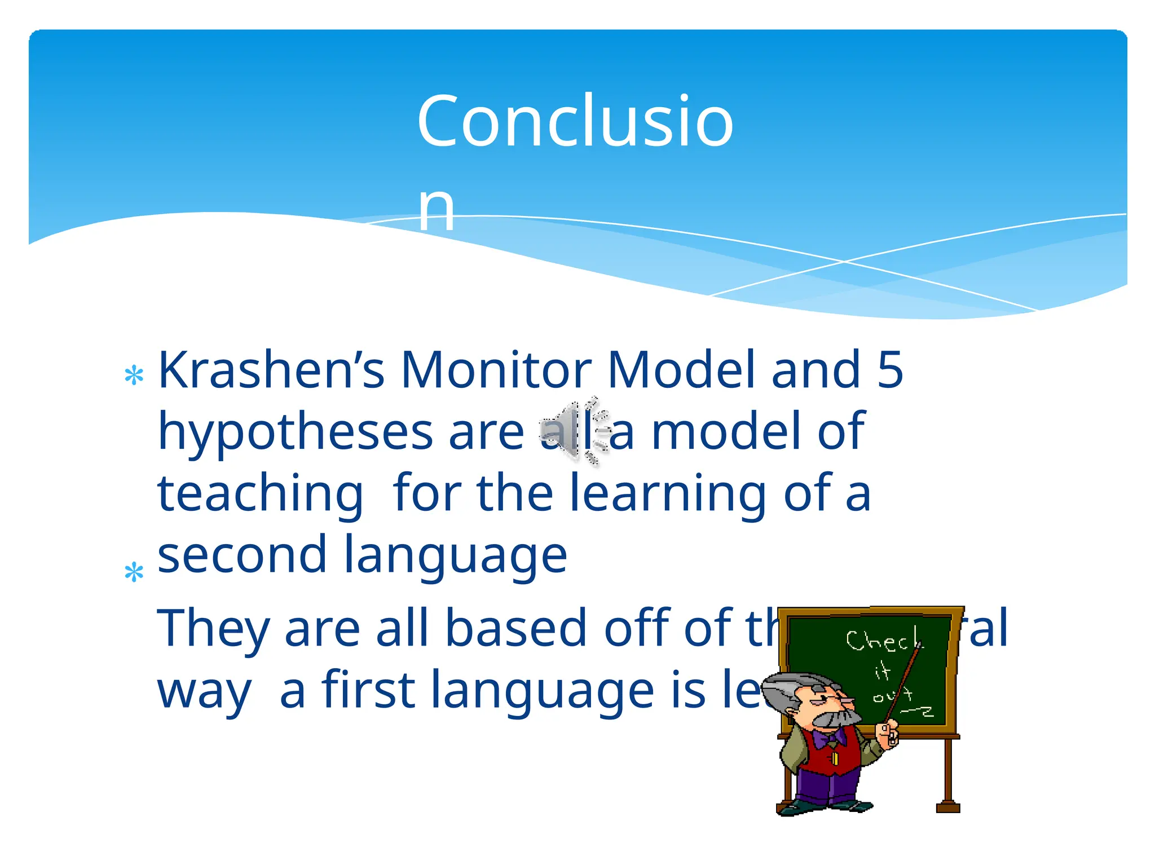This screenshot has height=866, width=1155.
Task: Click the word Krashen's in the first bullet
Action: [x=271, y=370]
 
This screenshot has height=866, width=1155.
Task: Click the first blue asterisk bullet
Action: [x=134, y=376]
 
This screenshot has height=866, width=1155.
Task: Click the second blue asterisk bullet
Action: [x=134, y=573]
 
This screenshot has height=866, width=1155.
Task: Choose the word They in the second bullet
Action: [x=212, y=629]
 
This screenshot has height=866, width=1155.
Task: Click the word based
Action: [x=516, y=629]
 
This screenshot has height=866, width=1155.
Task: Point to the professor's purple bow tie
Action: [x=830, y=739]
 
